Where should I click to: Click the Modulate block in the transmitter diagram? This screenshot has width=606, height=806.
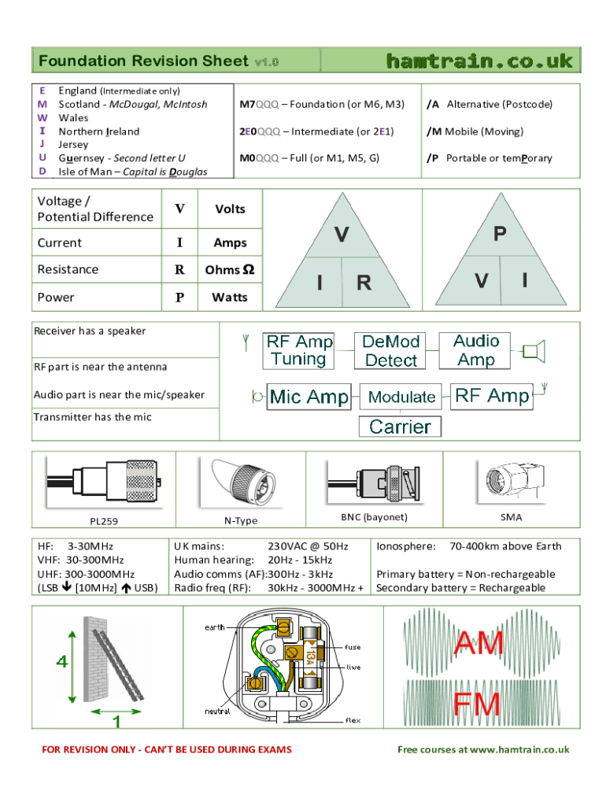pyautogui.click(x=401, y=397)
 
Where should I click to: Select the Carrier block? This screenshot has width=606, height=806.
pyautogui.click(x=400, y=427)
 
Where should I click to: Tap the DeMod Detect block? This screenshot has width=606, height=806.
pyautogui.click(x=391, y=351)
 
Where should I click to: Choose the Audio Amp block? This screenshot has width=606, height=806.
pyautogui.click(x=476, y=350)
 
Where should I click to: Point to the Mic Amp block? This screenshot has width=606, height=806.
pyautogui.click(x=309, y=397)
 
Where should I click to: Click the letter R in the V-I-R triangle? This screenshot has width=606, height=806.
pyautogui.click(x=364, y=283)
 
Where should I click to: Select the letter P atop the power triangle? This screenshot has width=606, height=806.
pyautogui.click(x=500, y=234)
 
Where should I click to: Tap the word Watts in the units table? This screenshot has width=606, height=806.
pyautogui.click(x=229, y=298)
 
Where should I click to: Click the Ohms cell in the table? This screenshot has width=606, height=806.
pyautogui.click(x=229, y=269)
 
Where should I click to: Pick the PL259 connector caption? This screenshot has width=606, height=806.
pyautogui.click(x=103, y=520)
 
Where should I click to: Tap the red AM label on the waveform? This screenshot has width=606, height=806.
pyautogui.click(x=479, y=645)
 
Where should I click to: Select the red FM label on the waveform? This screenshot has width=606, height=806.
pyautogui.click(x=477, y=704)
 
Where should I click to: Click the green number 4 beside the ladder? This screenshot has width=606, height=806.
pyautogui.click(x=61, y=662)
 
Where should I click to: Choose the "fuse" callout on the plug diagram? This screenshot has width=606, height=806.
pyautogui.click(x=353, y=647)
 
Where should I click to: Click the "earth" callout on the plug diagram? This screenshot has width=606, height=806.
pyautogui.click(x=215, y=627)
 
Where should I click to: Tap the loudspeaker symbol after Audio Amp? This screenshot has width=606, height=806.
pyautogui.click(x=534, y=351)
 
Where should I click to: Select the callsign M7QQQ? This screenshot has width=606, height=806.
pyautogui.click(x=259, y=104)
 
